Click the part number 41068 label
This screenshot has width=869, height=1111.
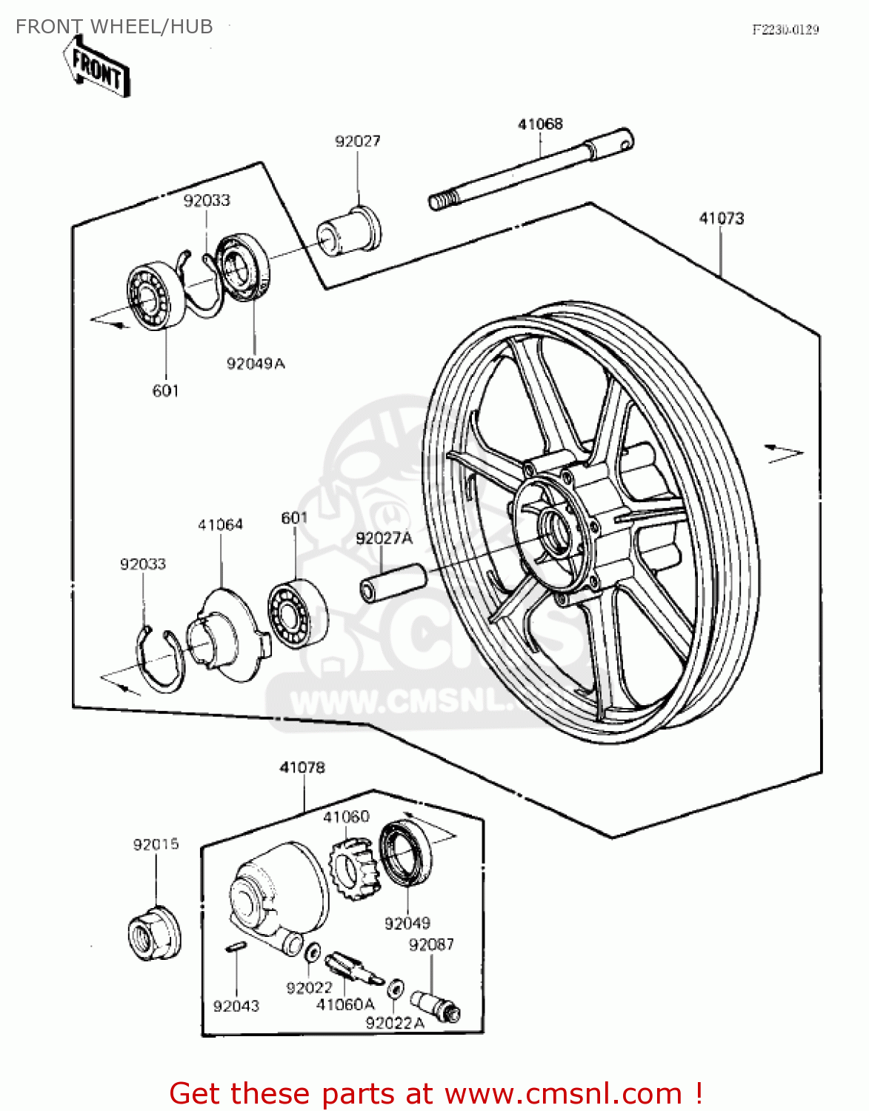540,124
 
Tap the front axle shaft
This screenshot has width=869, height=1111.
530,169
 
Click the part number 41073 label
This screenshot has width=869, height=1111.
721,218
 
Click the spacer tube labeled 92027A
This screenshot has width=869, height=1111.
393,583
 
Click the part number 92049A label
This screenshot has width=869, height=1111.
255,364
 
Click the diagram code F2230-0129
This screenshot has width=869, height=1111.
785,30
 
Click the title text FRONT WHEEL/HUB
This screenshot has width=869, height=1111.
114,27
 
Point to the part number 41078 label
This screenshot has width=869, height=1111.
302,768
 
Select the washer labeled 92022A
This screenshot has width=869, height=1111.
396,987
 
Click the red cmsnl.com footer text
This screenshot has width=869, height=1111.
436,1093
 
